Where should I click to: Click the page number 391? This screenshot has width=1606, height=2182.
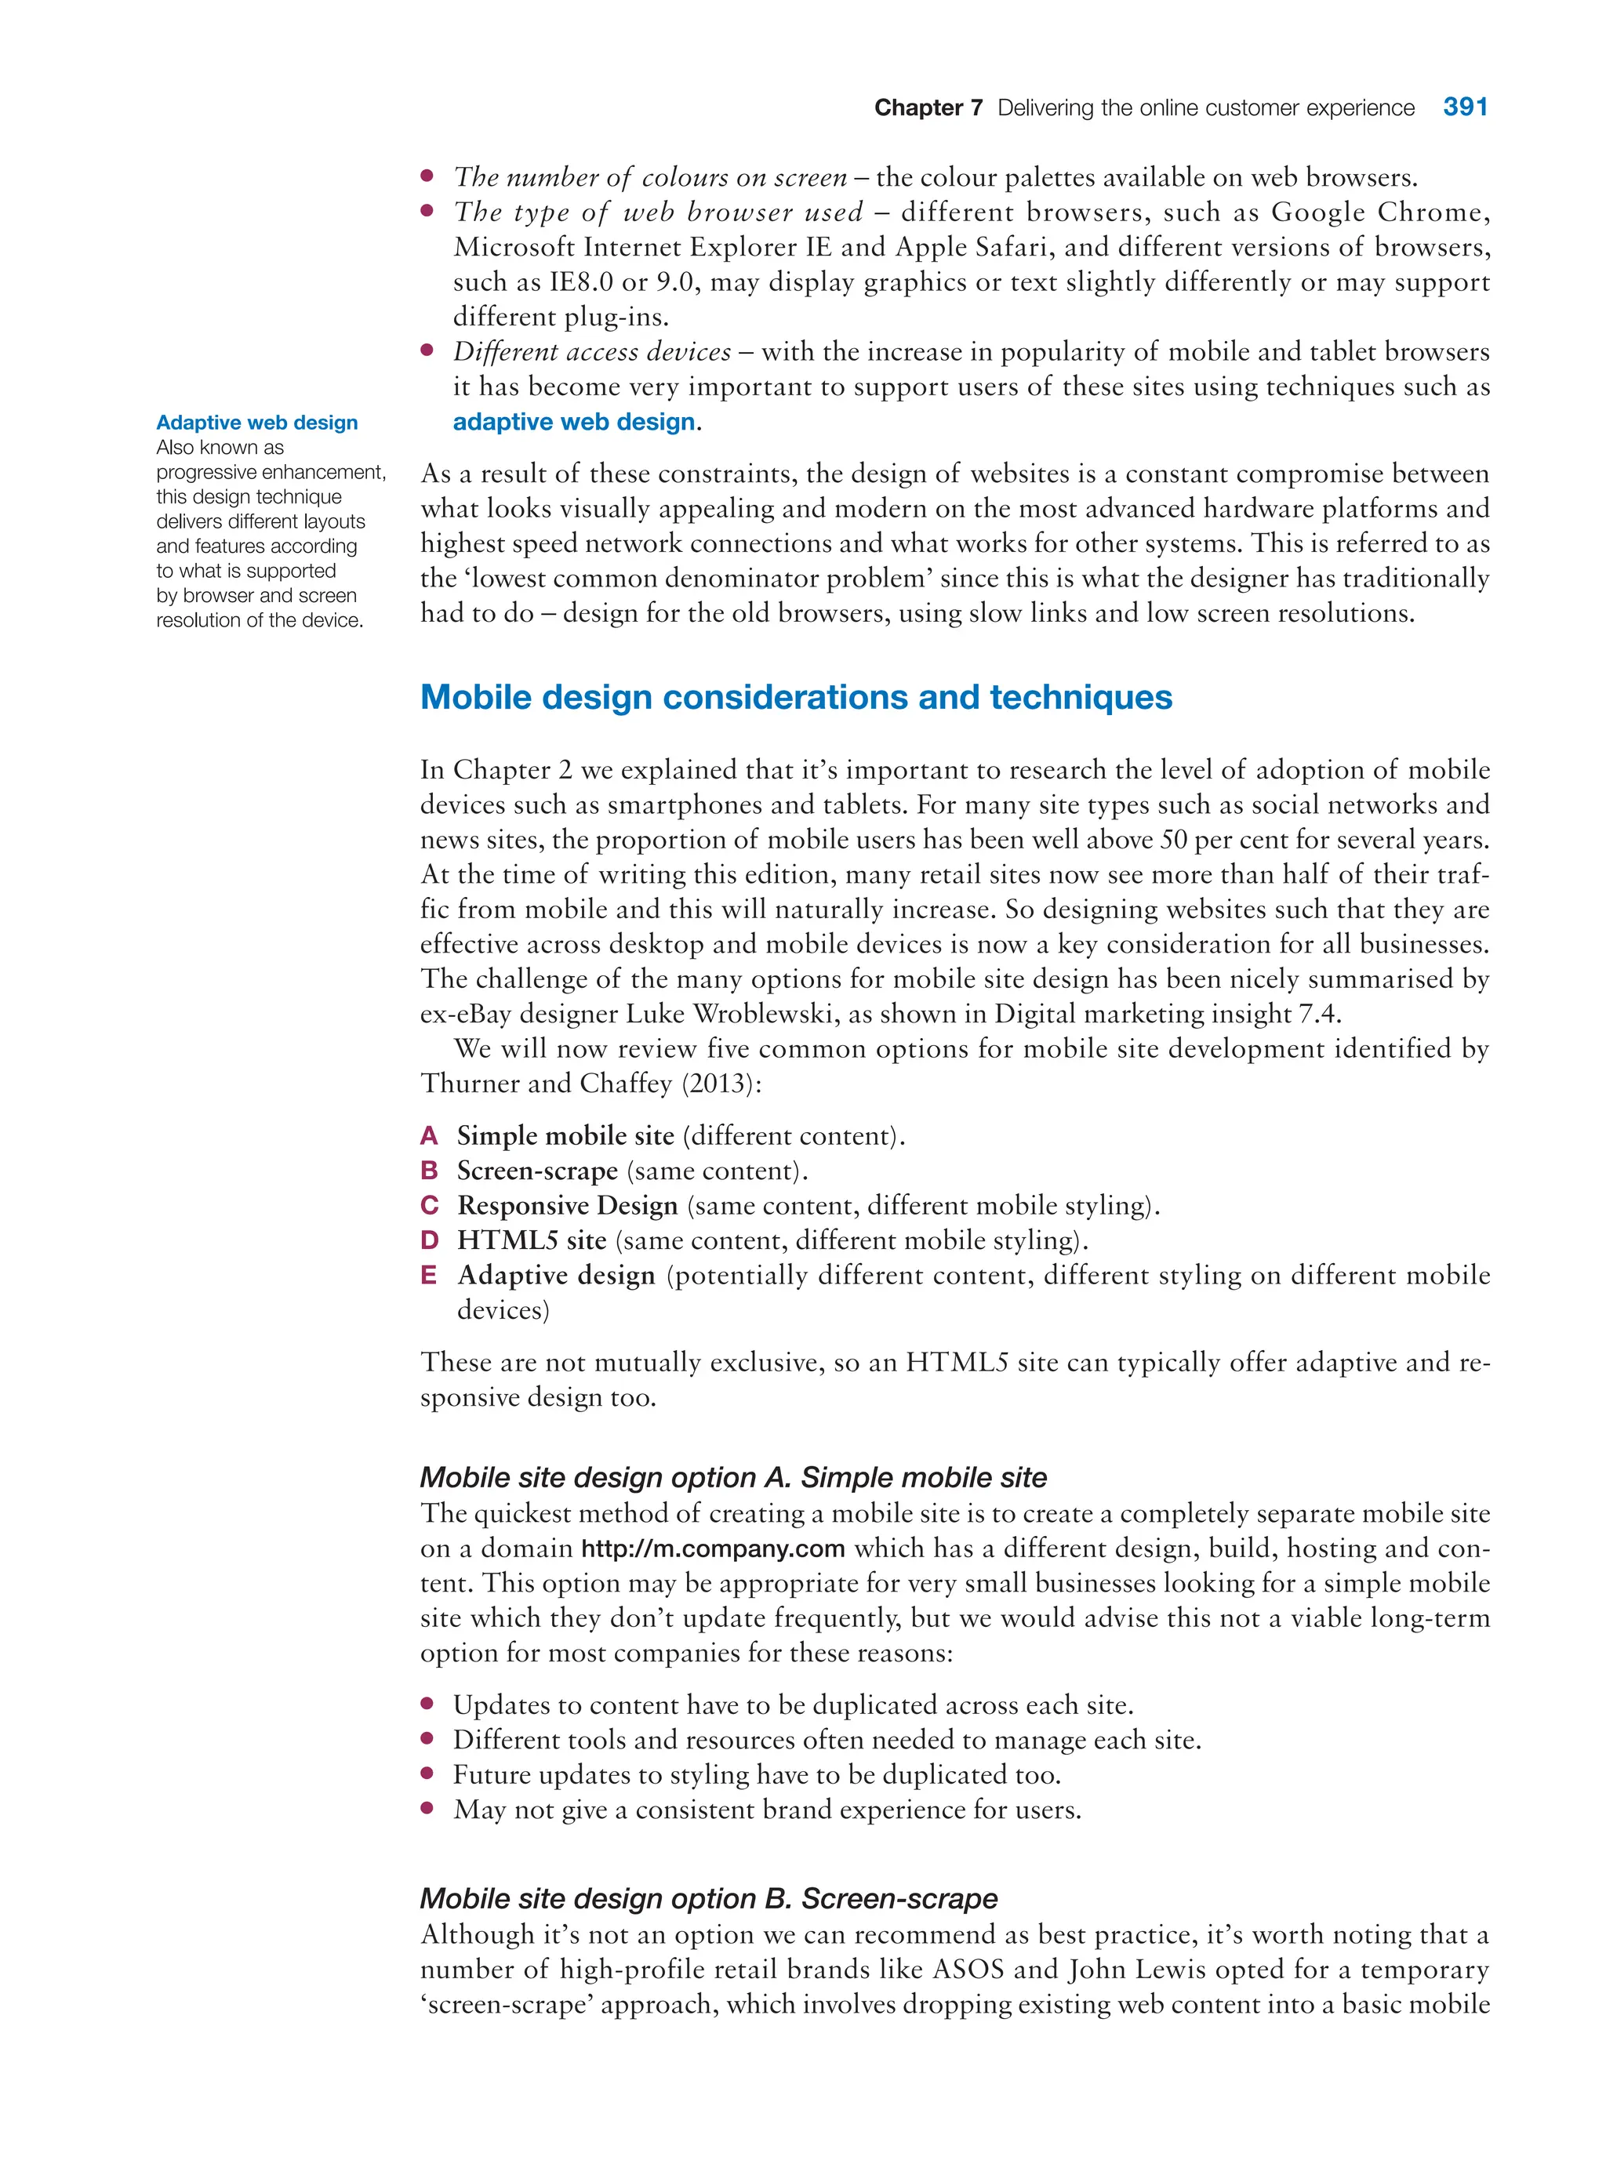pos(1464,107)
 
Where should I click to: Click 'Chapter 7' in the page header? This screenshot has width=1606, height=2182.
pos(928,108)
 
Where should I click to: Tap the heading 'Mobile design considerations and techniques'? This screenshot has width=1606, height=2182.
pos(795,697)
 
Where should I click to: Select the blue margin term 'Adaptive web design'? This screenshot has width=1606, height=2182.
pos(256,423)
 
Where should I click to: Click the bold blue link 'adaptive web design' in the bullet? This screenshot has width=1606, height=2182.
pos(573,422)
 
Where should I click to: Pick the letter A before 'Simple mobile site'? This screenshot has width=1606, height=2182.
pos(429,1135)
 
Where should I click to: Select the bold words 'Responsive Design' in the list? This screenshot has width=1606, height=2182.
pos(567,1205)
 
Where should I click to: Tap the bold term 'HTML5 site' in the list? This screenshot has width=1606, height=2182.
pos(531,1240)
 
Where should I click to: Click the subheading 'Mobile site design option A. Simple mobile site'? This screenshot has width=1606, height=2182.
pos(733,1477)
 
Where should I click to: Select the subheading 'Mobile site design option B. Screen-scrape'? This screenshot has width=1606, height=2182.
pos(709,1898)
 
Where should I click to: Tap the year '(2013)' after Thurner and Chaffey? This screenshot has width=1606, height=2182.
pos(717,1084)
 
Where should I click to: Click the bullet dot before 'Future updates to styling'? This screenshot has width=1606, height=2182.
pos(427,1773)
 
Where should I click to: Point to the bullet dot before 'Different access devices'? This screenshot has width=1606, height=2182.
pos(427,351)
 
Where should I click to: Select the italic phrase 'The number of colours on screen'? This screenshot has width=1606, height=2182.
pos(649,177)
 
